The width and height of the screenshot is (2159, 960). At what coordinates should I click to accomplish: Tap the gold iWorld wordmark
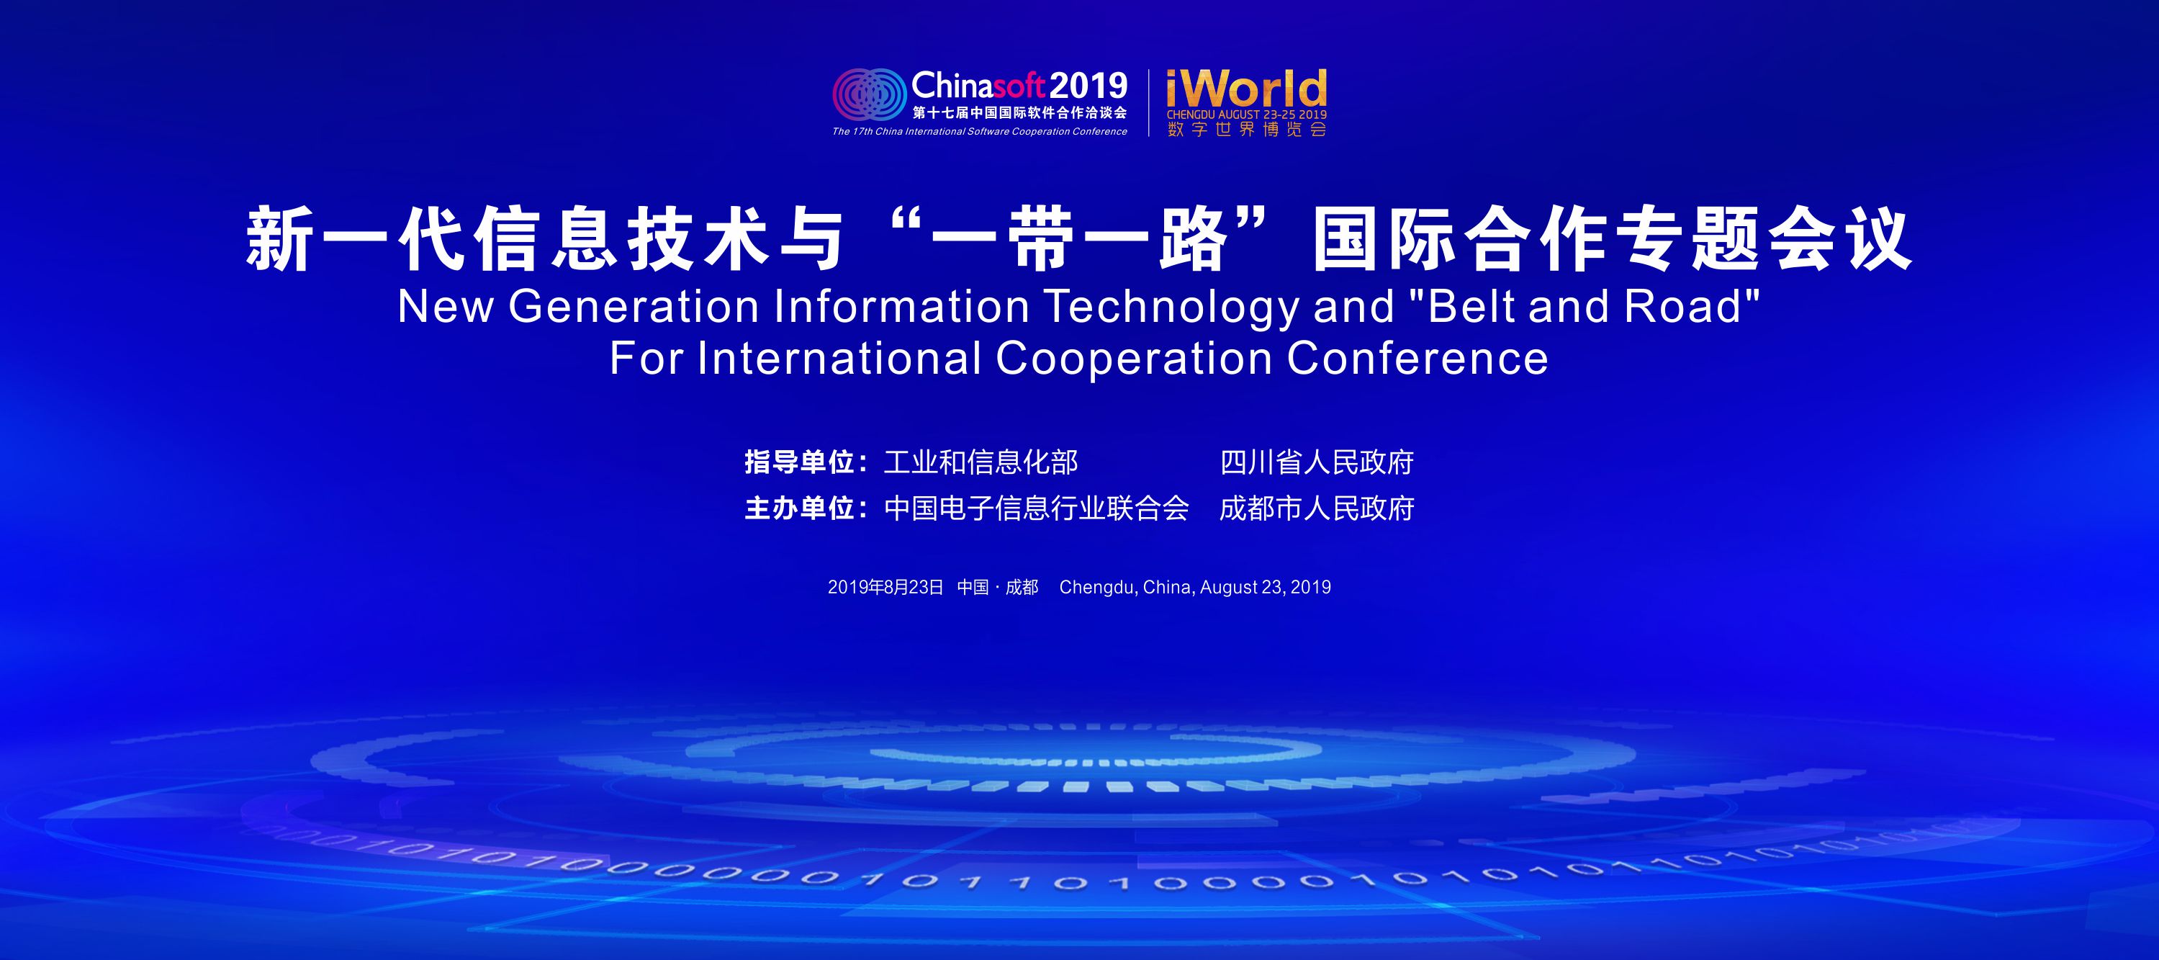(1246, 89)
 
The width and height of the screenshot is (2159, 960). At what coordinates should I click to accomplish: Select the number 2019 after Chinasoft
(1088, 86)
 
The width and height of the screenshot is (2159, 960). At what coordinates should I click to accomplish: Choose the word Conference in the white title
(1417, 358)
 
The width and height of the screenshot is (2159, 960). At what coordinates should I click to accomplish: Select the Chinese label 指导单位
(800, 462)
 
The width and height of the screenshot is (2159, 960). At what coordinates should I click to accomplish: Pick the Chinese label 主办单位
(800, 508)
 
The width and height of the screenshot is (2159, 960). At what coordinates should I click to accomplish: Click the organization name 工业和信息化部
(981, 462)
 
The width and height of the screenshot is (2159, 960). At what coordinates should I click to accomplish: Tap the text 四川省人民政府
(1317, 462)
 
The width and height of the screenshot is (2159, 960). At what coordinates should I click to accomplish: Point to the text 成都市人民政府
(1317, 508)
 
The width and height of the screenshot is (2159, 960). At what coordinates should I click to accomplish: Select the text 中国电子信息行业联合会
(1037, 508)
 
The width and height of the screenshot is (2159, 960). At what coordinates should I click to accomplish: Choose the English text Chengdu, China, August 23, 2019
(1195, 587)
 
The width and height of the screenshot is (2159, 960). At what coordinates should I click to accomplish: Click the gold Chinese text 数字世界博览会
(1247, 129)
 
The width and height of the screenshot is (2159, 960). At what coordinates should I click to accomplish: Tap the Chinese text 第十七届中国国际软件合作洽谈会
(1020, 112)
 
